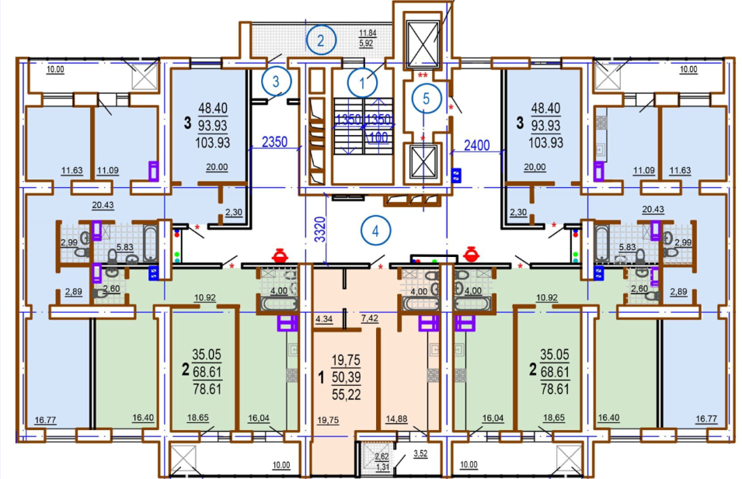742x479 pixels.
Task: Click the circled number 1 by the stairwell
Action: tap(362, 83)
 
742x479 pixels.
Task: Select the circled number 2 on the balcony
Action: tap(321, 40)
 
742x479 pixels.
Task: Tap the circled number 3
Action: tap(277, 82)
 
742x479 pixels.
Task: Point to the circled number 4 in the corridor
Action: tap(376, 231)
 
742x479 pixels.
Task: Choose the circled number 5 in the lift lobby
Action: tap(427, 99)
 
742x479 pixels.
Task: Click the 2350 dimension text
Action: tap(274, 141)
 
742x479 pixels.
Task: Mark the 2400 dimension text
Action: tap(476, 145)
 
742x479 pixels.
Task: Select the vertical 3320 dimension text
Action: tap(321, 229)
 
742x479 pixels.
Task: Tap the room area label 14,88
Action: tap(396, 418)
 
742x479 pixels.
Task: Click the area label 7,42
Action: tap(370, 318)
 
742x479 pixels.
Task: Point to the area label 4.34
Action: tap(324, 319)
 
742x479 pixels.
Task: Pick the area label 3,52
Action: tap(420, 454)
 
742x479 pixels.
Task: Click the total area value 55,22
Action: tap(346, 394)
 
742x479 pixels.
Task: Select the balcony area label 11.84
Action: tap(368, 33)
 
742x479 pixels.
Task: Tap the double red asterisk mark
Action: tap(423, 75)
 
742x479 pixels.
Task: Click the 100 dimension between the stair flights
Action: tap(378, 137)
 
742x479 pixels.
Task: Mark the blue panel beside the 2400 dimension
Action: tap(456, 175)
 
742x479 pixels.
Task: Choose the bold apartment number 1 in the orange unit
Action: tap(322, 377)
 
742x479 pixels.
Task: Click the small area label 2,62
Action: tap(381, 456)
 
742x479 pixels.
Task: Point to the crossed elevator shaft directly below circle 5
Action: tap(423, 161)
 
